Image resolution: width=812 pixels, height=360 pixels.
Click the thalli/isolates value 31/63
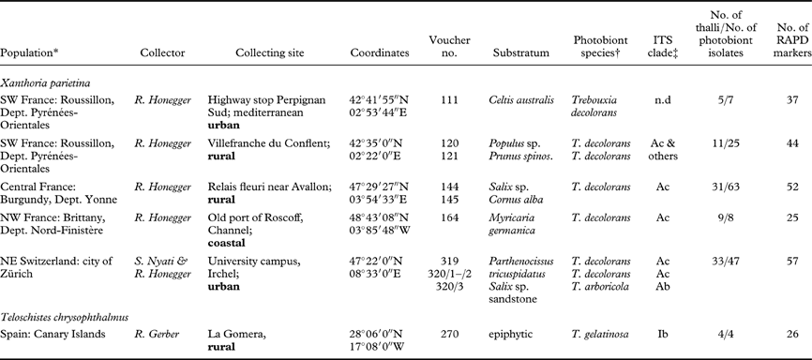[719, 187]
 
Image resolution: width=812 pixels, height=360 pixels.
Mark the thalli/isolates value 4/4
[719, 331]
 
